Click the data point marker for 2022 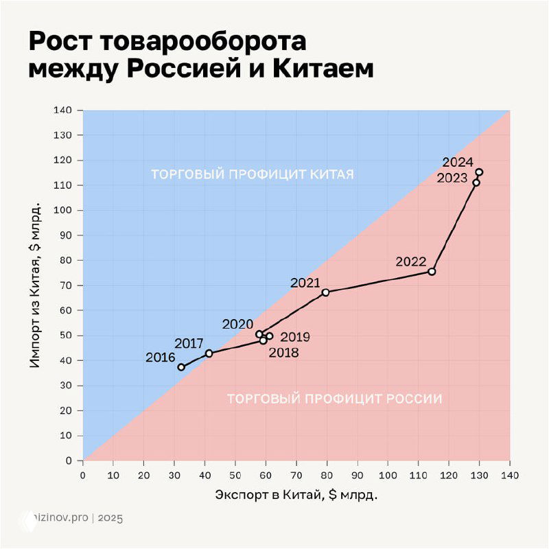click(432, 272)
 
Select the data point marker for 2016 click(181, 367)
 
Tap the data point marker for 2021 click(325, 292)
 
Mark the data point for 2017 click(209, 353)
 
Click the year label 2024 click(458, 163)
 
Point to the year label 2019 click(296, 337)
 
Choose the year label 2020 click(237, 325)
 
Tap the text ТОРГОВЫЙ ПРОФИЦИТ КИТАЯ click(253, 174)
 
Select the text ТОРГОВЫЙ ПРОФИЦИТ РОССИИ click(334, 398)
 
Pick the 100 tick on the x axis click(388, 474)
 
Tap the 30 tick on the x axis click(174, 474)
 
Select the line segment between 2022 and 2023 click(453, 229)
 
